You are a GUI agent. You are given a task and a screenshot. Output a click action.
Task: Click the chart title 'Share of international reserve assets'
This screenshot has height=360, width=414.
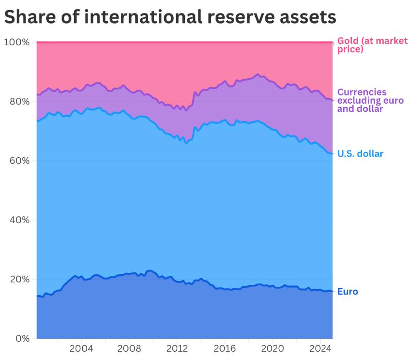169,17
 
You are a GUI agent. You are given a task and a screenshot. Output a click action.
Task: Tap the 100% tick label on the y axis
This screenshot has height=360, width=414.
17,42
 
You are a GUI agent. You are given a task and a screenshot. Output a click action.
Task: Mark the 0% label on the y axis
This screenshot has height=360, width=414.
22,338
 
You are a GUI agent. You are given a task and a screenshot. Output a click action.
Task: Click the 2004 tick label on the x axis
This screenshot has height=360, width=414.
81,348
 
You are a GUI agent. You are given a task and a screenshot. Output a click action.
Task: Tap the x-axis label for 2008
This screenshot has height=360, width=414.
129,348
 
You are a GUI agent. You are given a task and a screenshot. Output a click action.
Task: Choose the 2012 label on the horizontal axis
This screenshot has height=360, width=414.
177,348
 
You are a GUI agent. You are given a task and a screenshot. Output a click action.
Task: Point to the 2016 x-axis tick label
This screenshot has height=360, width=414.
224,348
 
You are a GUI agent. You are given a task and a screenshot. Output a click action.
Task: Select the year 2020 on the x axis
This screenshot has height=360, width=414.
272,348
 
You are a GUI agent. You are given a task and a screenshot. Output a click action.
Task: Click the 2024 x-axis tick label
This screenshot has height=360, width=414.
320,348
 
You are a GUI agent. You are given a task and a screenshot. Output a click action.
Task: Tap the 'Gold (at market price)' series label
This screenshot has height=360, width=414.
372,45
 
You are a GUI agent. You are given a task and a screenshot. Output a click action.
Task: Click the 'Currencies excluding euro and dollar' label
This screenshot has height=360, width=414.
370,100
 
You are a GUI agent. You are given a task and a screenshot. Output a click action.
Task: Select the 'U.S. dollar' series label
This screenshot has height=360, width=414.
360,154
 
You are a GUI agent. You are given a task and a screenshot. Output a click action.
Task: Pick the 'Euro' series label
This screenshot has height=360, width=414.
348,292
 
